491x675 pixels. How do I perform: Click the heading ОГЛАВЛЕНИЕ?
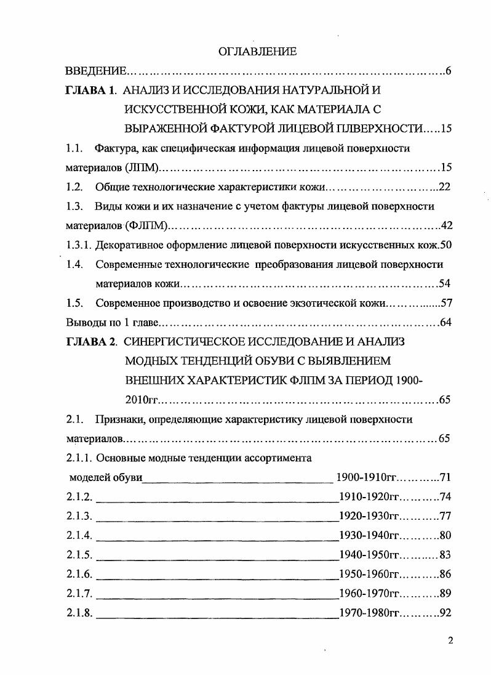257,52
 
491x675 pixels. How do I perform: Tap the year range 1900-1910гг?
366,477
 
